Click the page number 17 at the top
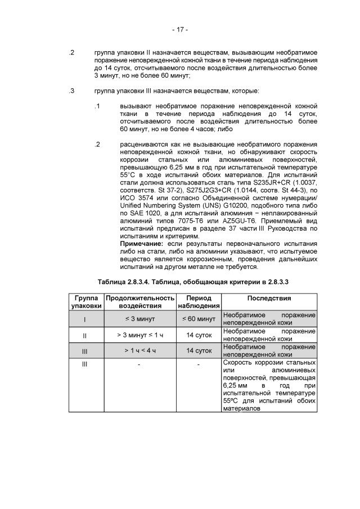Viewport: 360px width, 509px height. pos(180,29)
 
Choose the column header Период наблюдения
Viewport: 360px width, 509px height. pos(199,301)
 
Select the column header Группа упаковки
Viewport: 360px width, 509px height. pos(85,301)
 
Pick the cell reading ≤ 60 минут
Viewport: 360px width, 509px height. pos(199,319)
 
